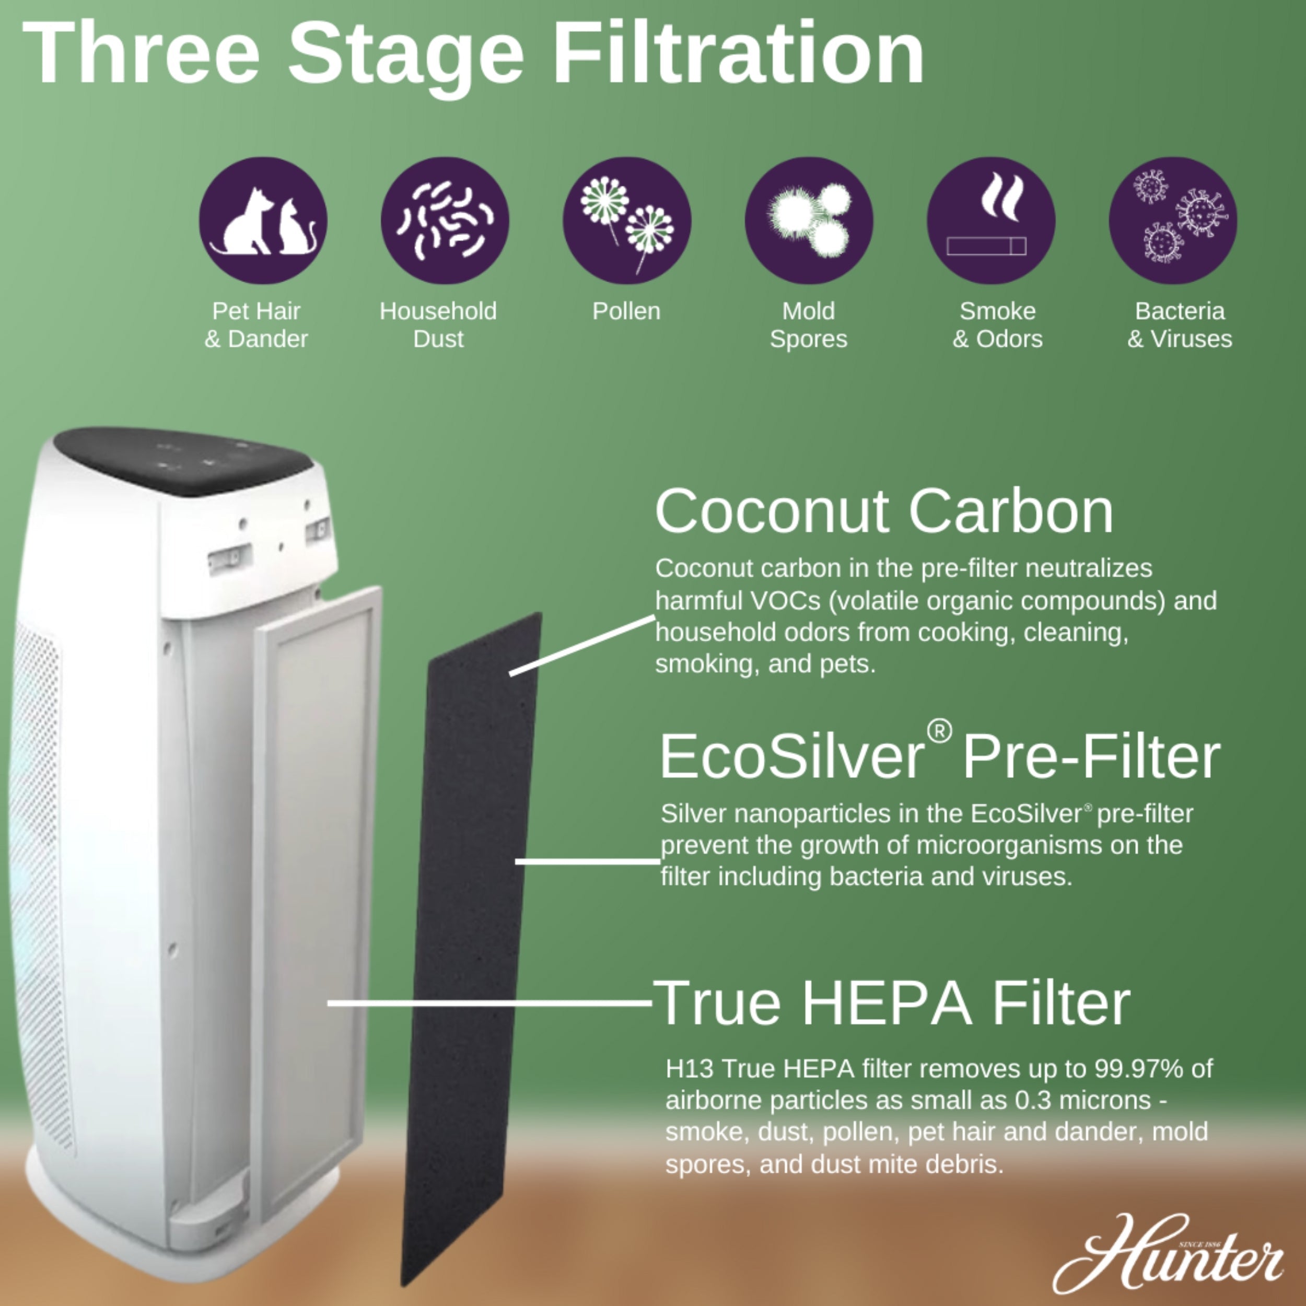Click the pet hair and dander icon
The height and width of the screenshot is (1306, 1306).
(x=262, y=220)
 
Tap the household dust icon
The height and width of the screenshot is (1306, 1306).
(x=444, y=220)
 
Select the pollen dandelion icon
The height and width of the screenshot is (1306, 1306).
(x=627, y=220)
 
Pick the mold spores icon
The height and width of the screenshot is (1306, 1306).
(x=809, y=220)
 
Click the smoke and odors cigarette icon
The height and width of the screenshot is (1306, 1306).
(x=990, y=220)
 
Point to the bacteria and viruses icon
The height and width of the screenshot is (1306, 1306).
(x=1173, y=220)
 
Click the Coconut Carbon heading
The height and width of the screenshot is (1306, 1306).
(x=883, y=512)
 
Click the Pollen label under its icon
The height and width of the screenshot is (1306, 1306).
(x=626, y=312)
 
